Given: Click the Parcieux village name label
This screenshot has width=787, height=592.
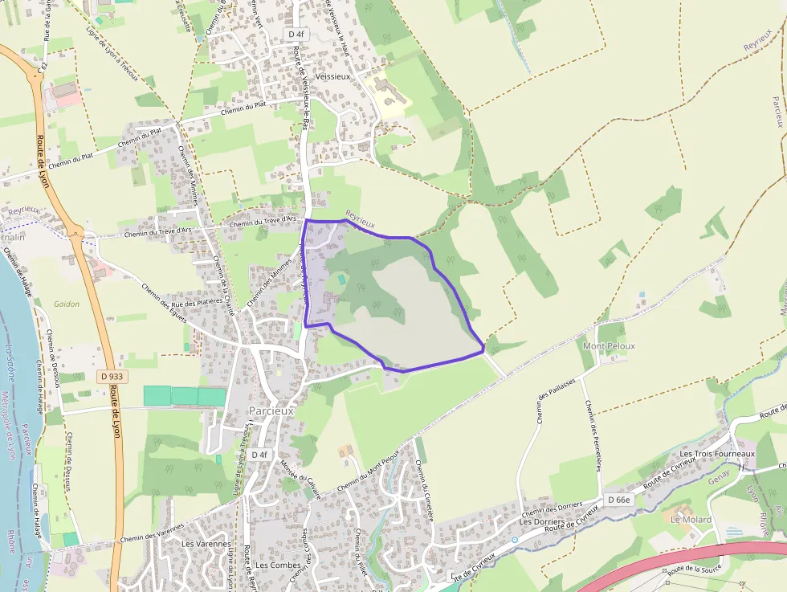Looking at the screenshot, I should tap(271, 410).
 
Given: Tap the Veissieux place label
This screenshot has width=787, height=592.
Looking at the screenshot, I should tap(332, 76).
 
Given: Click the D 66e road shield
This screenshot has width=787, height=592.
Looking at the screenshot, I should tap(620, 500).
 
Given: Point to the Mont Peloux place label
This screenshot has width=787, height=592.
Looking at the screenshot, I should tap(609, 346).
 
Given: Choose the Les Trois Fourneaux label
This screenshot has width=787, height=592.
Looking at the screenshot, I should tap(717, 454).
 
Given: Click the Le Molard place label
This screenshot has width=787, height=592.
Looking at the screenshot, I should tap(691, 520).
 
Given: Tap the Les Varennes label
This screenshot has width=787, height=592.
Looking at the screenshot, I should tap(200, 544).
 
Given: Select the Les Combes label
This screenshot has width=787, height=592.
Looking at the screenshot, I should tap(278, 565).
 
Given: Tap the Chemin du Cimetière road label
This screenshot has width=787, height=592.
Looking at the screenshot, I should tap(424, 491).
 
